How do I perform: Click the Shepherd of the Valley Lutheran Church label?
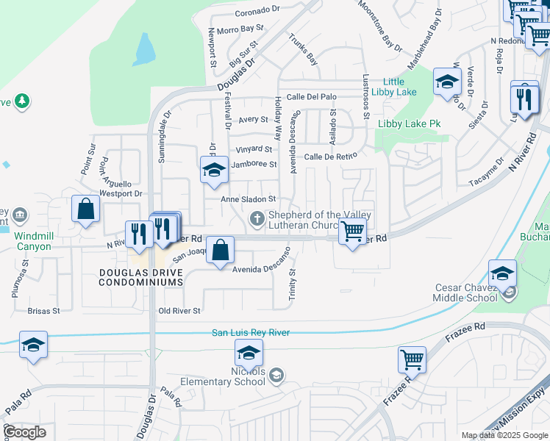pyautogui.click(x=318, y=220)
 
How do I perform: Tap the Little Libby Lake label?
pyautogui.click(x=399, y=87)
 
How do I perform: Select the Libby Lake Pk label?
pyautogui.click(x=409, y=124)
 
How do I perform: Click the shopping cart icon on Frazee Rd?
pyautogui.click(x=412, y=360)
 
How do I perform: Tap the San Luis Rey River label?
pyautogui.click(x=251, y=333)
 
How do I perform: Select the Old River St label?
pyautogui.click(x=179, y=311)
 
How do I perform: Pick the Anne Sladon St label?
pyautogui.click(x=249, y=199)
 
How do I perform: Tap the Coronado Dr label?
pyautogui.click(x=258, y=12)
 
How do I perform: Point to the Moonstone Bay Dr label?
pyautogui.click(x=381, y=24)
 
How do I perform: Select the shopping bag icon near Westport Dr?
pyautogui.click(x=85, y=208)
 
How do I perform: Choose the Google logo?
pyautogui.click(x=24, y=432)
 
